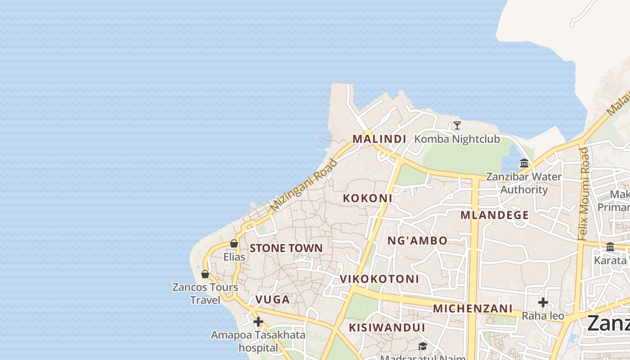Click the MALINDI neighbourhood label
pos(379,139)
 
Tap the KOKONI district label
pos(368,198)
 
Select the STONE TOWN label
pos(286,248)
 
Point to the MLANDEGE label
pos(495,215)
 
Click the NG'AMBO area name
pos(418,241)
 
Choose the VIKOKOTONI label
pos(379,279)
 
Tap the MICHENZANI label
pos(472,309)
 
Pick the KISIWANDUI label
pos(387,327)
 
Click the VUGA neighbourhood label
pos(273,300)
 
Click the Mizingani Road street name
pos(304,185)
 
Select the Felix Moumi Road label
pos(584,193)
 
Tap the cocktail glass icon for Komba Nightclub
pos(457,125)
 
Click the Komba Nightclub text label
pos(457,139)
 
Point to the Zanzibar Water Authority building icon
pos(524,163)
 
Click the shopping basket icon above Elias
pos(234,243)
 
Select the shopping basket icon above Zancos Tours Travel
pos(205,274)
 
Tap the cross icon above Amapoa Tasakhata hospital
pos(258,322)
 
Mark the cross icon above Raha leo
pos(543,302)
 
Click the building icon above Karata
pos(610,247)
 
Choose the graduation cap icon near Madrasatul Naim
pos(423,346)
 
